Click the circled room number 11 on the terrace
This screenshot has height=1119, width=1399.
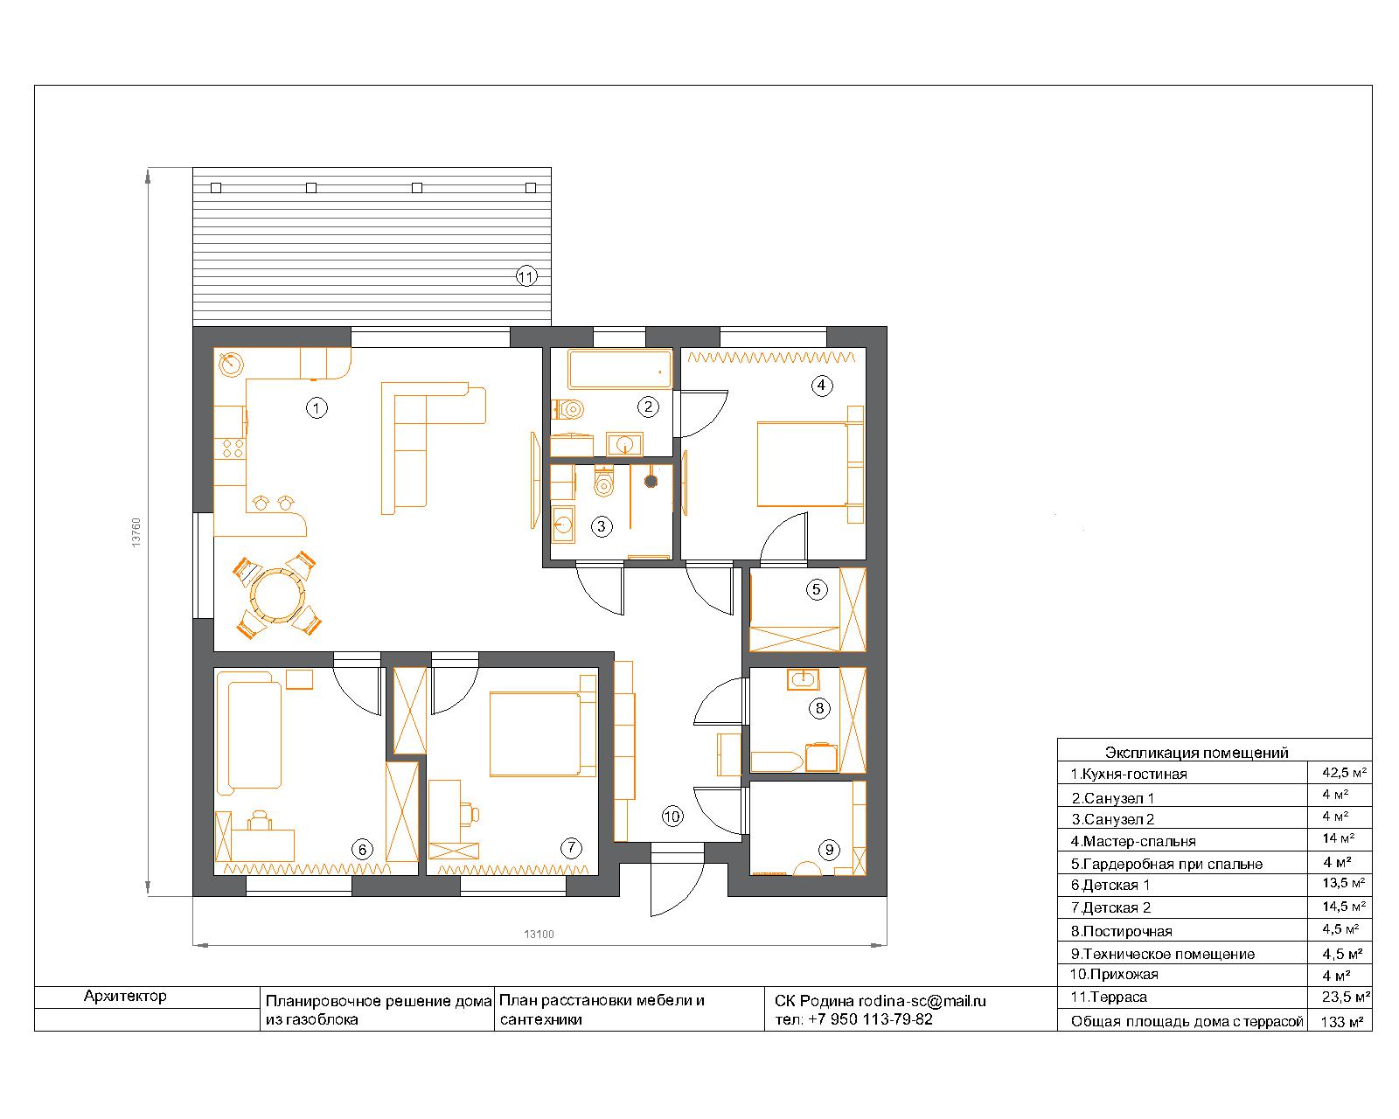(525, 277)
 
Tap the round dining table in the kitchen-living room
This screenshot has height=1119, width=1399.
(277, 595)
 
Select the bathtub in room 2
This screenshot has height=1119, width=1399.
(620, 370)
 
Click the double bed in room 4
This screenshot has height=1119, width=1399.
(810, 464)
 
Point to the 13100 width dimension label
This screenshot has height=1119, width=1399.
(539, 935)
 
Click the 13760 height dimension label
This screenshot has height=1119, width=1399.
(136, 532)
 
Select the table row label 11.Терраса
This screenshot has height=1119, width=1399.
(1109, 997)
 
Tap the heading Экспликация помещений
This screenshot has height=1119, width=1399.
(1196, 753)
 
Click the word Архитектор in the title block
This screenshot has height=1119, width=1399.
(125, 996)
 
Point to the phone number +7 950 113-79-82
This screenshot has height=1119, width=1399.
(870, 1018)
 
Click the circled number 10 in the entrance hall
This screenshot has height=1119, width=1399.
(672, 816)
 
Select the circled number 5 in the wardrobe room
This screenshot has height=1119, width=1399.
(817, 590)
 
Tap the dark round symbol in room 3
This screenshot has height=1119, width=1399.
(651, 481)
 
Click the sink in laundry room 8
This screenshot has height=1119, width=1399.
(803, 679)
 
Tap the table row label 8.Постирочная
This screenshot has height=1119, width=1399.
(1122, 931)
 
